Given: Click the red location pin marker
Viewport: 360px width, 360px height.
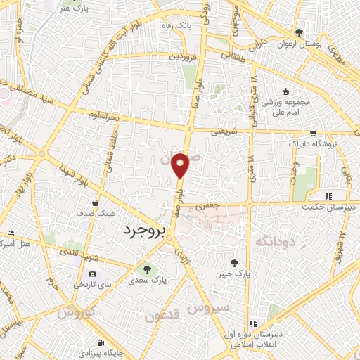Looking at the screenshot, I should (181, 167).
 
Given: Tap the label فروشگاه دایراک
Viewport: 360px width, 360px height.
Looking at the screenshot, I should (313, 143).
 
